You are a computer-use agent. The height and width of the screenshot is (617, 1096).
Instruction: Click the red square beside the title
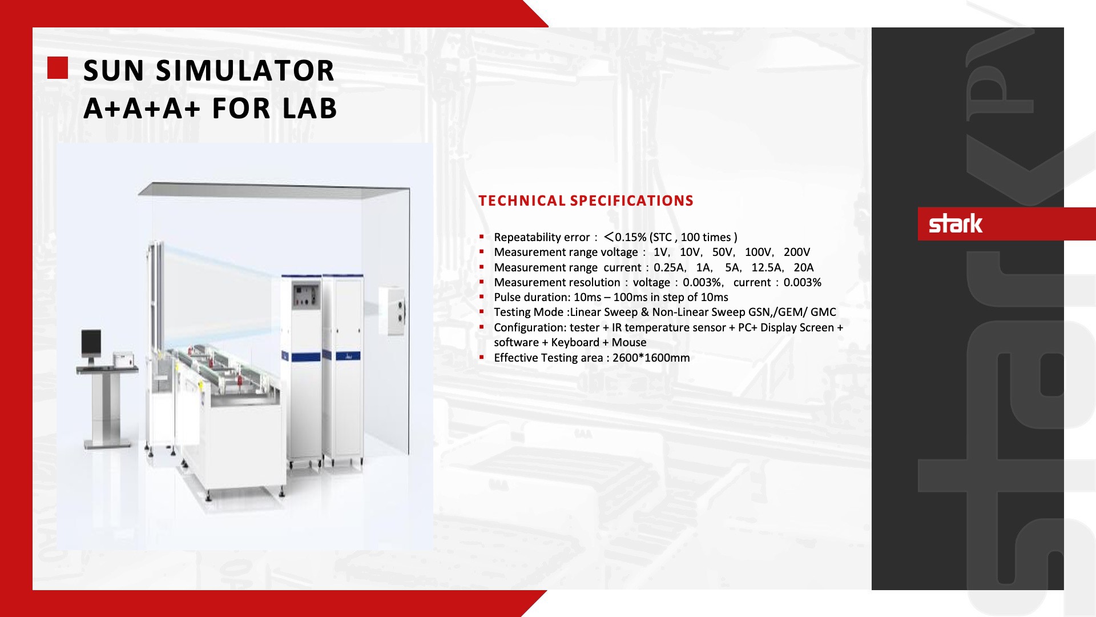58,67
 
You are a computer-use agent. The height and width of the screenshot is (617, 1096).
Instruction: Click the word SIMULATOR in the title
245,71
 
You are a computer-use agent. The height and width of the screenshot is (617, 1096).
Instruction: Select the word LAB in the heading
310,109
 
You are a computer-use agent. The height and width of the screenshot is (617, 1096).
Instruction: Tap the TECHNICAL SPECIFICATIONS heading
586,201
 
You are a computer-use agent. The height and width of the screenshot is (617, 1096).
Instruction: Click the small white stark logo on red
956,223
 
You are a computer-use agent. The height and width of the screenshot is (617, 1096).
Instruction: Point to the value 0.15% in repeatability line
631,237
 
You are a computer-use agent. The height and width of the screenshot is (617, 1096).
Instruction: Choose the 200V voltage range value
797,252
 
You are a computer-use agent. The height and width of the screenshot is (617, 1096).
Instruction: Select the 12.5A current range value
767,267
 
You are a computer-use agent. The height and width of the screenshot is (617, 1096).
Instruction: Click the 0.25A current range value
669,267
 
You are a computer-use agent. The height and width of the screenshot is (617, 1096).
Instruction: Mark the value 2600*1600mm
651,358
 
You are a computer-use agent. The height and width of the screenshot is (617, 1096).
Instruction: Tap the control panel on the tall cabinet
306,296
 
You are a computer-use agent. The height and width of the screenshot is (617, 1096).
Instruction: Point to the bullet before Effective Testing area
482,358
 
